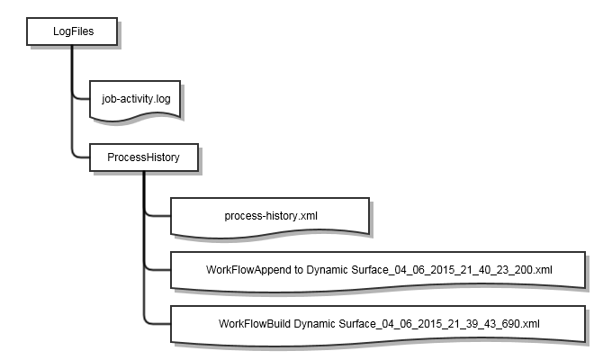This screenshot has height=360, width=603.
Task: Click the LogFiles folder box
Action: coord(72,32)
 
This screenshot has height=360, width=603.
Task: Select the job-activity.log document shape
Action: coord(136,100)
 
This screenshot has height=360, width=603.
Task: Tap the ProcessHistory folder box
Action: coord(145,157)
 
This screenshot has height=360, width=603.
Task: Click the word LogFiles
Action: coord(72,32)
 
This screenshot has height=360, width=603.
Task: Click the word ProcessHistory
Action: coord(143,157)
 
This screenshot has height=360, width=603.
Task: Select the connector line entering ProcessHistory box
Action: coord(82,157)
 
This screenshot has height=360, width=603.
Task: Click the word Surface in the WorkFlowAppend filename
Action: coord(376,269)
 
